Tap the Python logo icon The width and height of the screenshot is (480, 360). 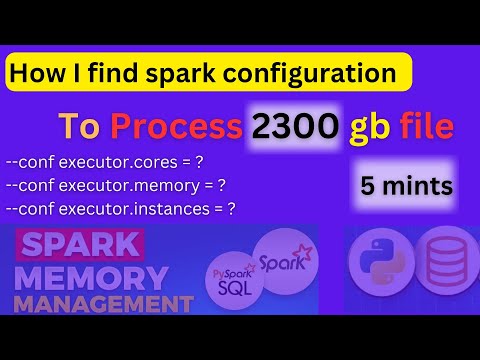click(378, 263)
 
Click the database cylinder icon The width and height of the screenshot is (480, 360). click(445, 263)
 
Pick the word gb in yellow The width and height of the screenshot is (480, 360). click(374, 127)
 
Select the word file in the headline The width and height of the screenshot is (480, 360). click(431, 127)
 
